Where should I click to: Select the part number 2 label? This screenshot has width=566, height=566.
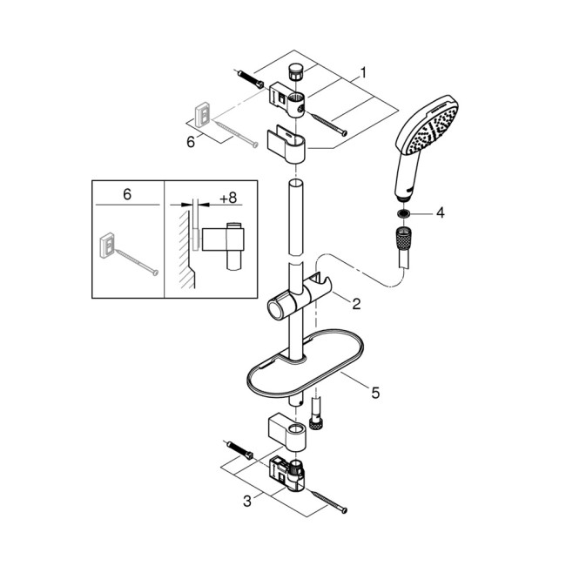tap(355, 304)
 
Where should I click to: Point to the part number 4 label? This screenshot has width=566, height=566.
tap(440, 212)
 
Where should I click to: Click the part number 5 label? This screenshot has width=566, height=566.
tap(375, 393)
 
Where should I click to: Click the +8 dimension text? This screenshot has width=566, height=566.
tap(228, 199)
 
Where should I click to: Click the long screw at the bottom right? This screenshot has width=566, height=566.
tap(325, 498)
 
